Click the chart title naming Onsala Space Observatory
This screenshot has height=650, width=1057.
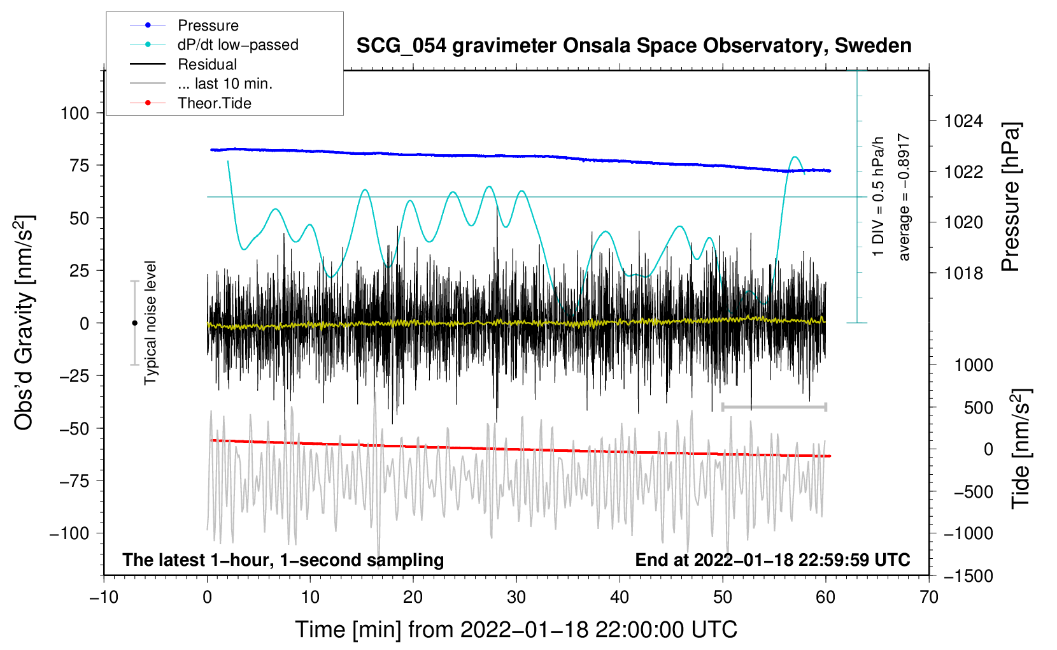[634, 46]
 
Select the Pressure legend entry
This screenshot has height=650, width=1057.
[208, 25]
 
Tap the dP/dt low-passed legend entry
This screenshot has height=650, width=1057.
[238, 45]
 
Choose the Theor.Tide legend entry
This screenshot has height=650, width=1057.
[214, 103]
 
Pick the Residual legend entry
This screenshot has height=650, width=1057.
[207, 64]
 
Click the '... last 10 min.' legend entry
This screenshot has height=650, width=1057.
[225, 83]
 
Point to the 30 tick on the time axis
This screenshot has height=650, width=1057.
[516, 597]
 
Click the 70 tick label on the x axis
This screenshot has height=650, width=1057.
[929, 597]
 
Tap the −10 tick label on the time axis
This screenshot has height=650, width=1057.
[104, 597]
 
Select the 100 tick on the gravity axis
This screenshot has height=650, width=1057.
[74, 113]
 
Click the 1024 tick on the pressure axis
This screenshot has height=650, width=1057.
[963, 121]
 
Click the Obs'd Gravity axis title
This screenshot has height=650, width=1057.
[24, 322]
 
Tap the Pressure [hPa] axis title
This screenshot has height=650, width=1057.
[1011, 198]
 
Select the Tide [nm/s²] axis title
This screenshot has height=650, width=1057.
[1021, 449]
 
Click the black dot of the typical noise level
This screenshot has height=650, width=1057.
[134, 323]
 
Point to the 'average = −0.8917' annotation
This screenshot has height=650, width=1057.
[904, 198]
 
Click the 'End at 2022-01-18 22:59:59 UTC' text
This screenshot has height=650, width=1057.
[772, 560]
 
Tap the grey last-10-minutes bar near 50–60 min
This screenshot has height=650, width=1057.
[774, 407]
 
